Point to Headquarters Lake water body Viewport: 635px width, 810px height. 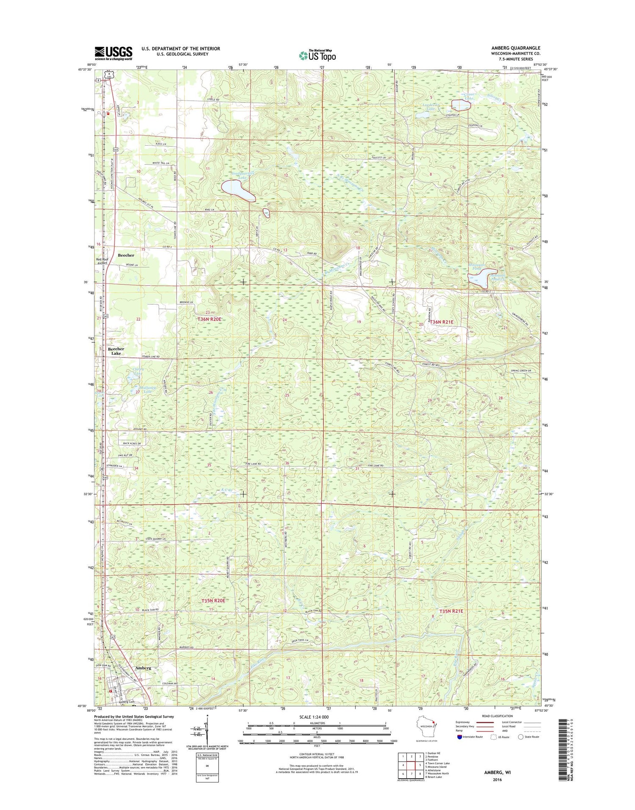point(238,190)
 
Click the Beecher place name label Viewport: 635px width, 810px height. point(126,255)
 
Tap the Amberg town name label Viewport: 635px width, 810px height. point(143,668)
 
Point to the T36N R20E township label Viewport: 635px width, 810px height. point(209,319)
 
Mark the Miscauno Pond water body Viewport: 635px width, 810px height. point(482,277)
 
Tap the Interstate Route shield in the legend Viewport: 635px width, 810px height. point(460,737)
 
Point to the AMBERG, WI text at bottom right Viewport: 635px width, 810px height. point(497,772)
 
